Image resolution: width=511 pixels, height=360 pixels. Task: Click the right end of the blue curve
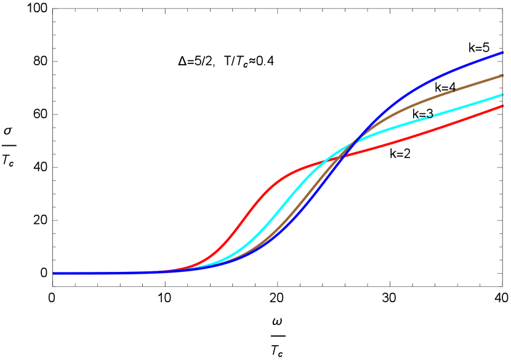click(503, 53)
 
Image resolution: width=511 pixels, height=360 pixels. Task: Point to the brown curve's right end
click(503, 76)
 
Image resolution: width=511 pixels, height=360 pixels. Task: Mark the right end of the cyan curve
click(503, 95)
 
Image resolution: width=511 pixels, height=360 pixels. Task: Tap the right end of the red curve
click(503, 106)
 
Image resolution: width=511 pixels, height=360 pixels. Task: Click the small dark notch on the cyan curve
click(430, 116)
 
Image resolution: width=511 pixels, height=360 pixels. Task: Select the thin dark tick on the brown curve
click(454, 90)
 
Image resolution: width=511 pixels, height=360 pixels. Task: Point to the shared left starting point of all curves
click(54, 273)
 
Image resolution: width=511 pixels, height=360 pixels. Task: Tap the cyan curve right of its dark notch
click(468, 105)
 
